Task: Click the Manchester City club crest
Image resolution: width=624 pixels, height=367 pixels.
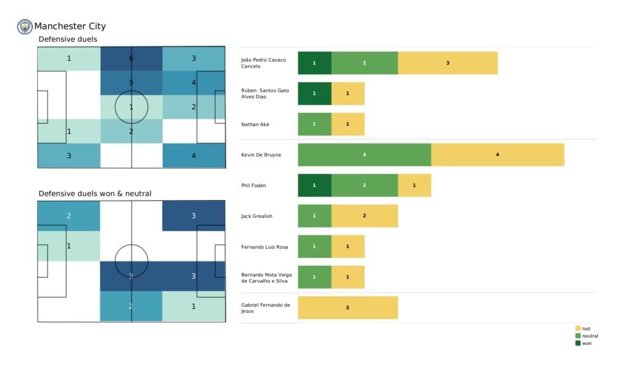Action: click(x=25, y=26)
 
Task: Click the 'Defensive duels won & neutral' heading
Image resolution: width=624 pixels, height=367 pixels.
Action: click(x=95, y=194)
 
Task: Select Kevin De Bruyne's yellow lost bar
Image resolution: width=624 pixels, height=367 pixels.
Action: click(x=497, y=155)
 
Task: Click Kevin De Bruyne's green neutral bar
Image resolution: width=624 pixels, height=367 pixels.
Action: click(x=364, y=155)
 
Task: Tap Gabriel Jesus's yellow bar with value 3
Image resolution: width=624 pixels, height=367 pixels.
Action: click(x=347, y=308)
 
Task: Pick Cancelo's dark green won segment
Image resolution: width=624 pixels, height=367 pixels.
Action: click(x=314, y=63)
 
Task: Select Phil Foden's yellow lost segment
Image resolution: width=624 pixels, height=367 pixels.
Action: click(x=414, y=185)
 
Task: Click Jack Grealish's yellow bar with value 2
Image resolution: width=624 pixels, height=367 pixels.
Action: click(x=364, y=216)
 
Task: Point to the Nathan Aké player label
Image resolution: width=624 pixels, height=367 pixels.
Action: click(x=255, y=124)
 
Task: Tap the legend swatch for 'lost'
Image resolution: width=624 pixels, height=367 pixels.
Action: click(x=578, y=329)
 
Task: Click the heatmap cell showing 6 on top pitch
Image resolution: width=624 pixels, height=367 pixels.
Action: click(x=131, y=59)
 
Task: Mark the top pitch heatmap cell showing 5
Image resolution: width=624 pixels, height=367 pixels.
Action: click(x=131, y=83)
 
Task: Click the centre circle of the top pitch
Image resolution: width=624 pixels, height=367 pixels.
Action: click(x=131, y=107)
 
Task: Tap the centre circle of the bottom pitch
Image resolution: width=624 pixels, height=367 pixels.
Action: click(x=131, y=261)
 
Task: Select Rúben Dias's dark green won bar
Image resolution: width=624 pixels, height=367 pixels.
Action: click(x=314, y=93)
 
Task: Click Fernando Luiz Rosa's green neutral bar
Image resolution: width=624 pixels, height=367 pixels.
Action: click(x=314, y=246)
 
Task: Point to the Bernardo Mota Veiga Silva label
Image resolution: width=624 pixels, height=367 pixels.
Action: click(x=266, y=278)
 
